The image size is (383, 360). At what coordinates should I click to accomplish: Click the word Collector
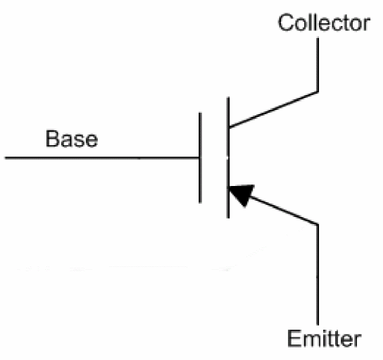point(324,23)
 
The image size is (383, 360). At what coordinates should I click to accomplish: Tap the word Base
point(72,139)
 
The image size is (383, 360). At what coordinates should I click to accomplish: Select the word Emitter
point(324,338)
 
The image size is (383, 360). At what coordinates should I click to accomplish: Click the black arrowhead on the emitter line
point(241,195)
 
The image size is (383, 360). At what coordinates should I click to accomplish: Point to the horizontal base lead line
point(102,158)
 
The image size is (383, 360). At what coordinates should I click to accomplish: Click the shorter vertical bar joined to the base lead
point(200,158)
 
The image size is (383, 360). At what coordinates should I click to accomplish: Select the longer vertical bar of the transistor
point(228,158)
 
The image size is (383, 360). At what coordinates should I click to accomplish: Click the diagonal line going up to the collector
point(273,109)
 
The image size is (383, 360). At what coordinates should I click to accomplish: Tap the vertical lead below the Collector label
point(318,65)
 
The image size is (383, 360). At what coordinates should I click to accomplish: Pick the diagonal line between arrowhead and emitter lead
point(283,210)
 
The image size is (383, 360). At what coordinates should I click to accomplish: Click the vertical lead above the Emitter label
point(318,275)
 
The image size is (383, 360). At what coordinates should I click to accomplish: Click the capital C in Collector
point(286,23)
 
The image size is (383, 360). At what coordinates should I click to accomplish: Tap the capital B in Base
point(52,139)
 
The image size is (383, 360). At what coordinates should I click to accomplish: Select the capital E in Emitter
point(294,338)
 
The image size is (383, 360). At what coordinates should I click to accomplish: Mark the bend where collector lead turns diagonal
point(318,92)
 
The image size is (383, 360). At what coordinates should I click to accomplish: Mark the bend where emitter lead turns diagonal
point(318,224)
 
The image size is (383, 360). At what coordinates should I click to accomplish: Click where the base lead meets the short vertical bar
point(200,158)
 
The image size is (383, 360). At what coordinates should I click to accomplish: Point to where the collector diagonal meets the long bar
point(228,128)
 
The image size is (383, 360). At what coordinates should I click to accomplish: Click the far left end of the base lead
point(6,158)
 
